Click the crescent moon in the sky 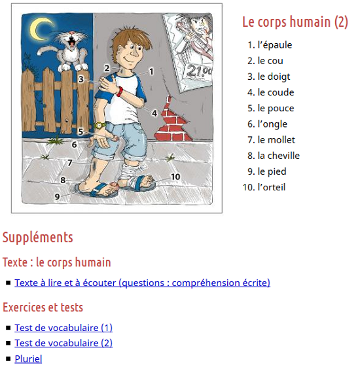click(x=41, y=28)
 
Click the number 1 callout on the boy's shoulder click(x=151, y=71)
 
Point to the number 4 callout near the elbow click(x=154, y=113)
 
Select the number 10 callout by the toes click(x=175, y=177)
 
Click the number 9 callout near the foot click(x=58, y=196)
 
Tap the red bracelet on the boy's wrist click(x=120, y=91)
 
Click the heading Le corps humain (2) click(x=295, y=22)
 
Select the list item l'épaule click(x=275, y=45)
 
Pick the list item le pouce click(x=276, y=108)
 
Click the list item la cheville click(x=278, y=156)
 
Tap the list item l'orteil click(x=272, y=187)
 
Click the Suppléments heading click(x=37, y=237)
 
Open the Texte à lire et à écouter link click(x=142, y=283)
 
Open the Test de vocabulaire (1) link click(x=63, y=327)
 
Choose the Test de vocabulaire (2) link click(x=63, y=343)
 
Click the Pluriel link click(x=28, y=358)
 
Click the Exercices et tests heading click(x=43, y=307)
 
